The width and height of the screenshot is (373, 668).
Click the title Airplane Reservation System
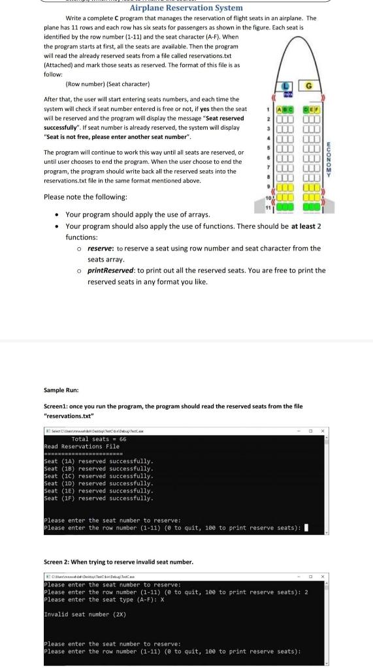coord(186,8)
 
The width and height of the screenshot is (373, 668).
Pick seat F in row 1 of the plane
coord(317,110)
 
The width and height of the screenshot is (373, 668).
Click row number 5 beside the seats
coord(268,147)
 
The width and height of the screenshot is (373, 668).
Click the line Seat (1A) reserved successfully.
coord(99,461)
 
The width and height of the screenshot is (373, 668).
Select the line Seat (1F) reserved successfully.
coord(99,498)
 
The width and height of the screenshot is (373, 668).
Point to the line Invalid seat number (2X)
coord(85,614)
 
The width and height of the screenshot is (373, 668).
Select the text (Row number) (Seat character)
coord(108,84)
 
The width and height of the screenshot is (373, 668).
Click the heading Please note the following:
coord(85,196)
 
